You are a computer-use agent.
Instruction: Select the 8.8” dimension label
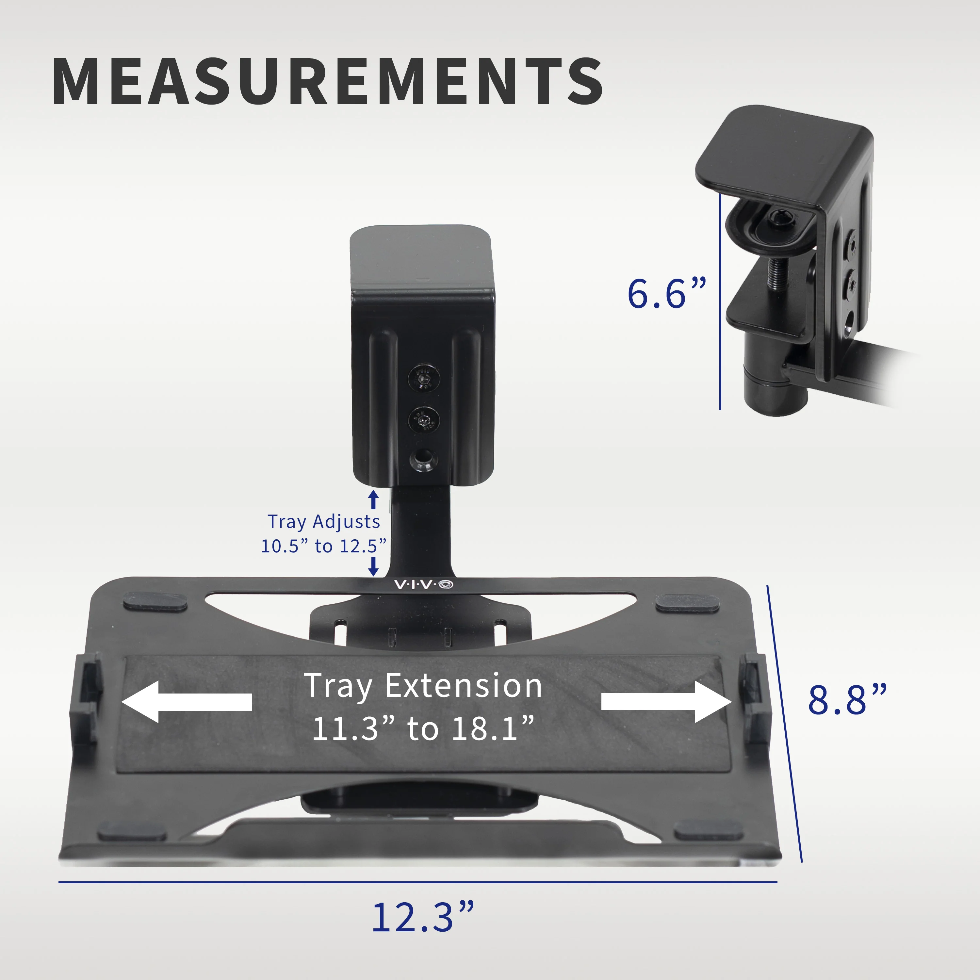[847, 700]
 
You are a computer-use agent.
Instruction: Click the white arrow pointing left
[187, 702]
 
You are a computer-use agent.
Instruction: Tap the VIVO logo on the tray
[424, 585]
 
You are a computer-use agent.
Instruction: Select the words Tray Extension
[423, 686]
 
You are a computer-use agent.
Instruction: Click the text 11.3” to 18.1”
[423, 729]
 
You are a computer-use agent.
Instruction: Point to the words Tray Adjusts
[324, 521]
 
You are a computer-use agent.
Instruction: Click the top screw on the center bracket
[424, 378]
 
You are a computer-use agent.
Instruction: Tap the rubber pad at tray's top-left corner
[155, 602]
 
